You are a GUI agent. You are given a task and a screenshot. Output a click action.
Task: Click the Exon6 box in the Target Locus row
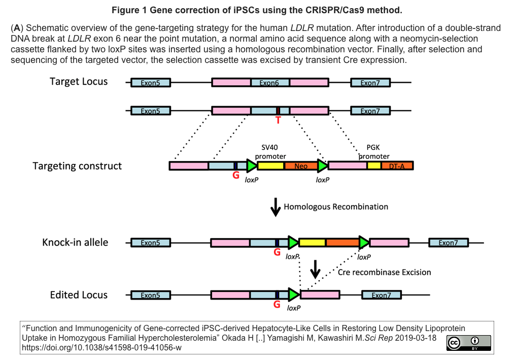[x=270, y=82]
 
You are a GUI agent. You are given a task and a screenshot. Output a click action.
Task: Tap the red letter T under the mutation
[x=278, y=120]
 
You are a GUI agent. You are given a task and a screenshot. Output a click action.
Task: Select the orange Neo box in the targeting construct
[x=301, y=166]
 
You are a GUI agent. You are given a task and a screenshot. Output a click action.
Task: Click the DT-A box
[x=397, y=166]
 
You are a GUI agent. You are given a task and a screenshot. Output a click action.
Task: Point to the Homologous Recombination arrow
[x=275, y=207]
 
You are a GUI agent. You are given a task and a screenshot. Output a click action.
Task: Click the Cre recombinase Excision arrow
[x=316, y=270]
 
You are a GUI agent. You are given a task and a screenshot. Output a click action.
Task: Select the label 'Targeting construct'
[x=77, y=166]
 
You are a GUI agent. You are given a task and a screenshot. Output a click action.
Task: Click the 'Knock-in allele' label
[x=75, y=242]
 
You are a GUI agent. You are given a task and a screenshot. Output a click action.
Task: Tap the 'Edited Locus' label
[x=79, y=295]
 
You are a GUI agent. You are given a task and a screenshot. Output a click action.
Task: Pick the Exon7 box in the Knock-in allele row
[x=449, y=243]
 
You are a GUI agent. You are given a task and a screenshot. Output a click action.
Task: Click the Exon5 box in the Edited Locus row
[x=150, y=295]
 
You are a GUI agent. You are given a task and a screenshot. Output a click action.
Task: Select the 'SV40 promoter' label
[x=270, y=152]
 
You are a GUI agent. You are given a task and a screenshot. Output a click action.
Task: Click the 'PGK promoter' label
[x=374, y=152]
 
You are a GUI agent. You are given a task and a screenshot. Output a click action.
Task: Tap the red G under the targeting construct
[x=235, y=176]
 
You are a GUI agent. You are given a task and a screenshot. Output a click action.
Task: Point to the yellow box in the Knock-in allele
[x=312, y=243]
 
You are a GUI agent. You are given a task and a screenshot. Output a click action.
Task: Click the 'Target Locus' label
[x=79, y=82]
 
